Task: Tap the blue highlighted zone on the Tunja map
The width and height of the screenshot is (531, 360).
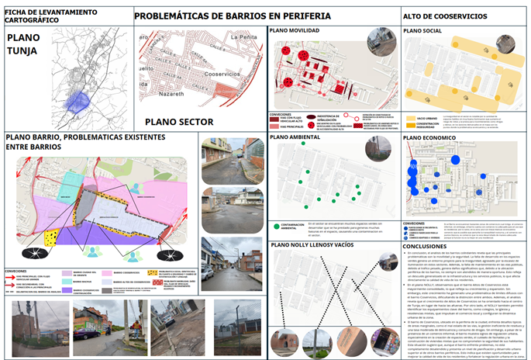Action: [x=78, y=100]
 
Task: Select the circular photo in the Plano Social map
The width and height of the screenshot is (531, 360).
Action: [x=505, y=44]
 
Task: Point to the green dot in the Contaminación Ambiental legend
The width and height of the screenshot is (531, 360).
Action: [x=275, y=226]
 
